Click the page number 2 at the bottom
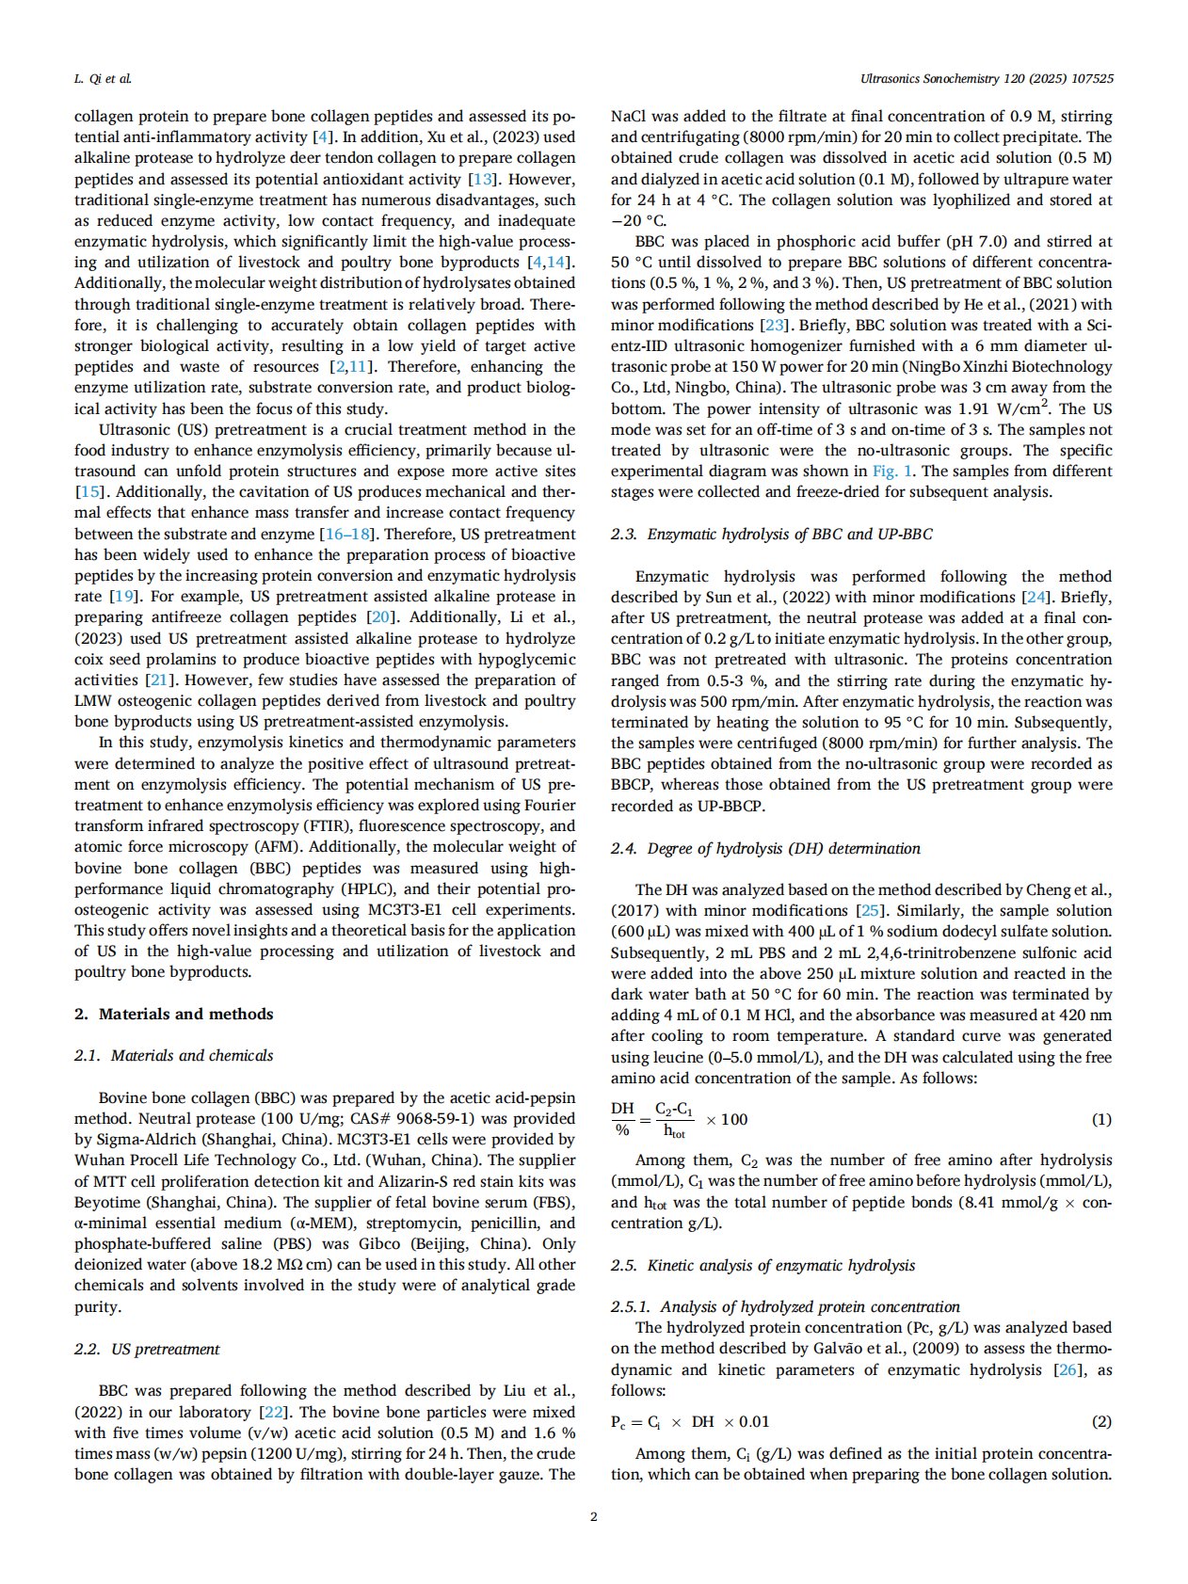(593, 1516)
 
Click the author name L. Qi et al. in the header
(103, 79)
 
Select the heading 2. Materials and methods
(174, 1014)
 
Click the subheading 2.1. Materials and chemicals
(174, 1055)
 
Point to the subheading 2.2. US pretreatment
(147, 1349)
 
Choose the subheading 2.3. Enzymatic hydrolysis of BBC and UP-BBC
(772, 534)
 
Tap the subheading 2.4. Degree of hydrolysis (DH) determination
(765, 848)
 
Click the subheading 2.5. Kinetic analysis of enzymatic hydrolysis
(763, 1265)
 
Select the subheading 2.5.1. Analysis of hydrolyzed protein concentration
(785, 1306)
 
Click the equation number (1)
(1100, 1119)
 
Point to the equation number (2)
(1100, 1421)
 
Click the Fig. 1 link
(891, 471)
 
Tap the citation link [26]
(1068, 1369)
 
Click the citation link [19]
(122, 596)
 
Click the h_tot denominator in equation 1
(674, 1131)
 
